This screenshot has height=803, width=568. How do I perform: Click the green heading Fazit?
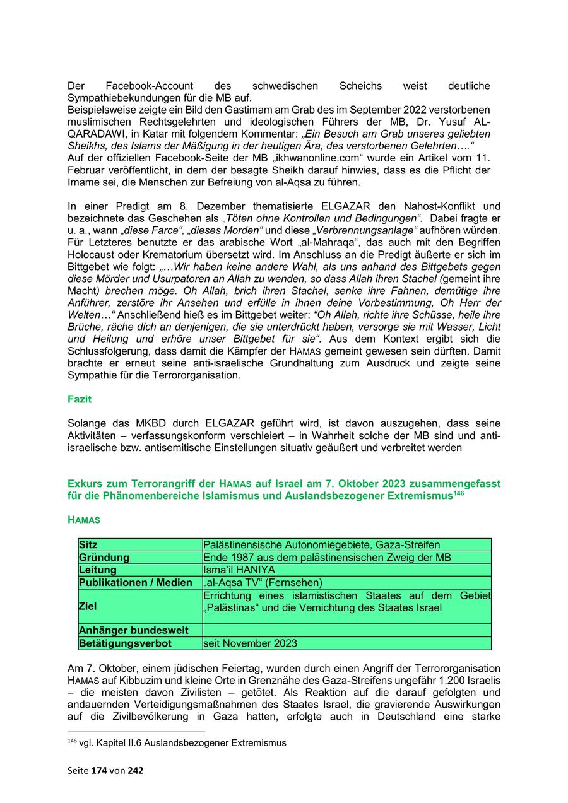coord(80,399)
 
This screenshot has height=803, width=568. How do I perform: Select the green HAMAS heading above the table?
coord(84,520)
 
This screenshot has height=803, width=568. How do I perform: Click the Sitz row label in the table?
coord(88,544)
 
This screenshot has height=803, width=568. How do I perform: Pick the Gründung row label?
coord(104,557)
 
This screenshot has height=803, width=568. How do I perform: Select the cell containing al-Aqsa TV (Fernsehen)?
coord(263,582)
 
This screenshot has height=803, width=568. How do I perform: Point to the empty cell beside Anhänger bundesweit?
coord(346,630)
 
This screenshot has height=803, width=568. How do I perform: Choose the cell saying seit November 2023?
coord(250,643)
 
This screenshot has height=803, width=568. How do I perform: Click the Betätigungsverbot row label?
coord(125,643)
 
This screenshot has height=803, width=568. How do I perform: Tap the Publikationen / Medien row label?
coord(135,582)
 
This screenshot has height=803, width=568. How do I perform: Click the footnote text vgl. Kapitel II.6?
coord(182,743)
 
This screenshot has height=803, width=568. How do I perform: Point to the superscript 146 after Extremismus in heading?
coord(459,493)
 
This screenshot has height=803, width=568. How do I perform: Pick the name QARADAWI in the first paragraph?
coord(94,134)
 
